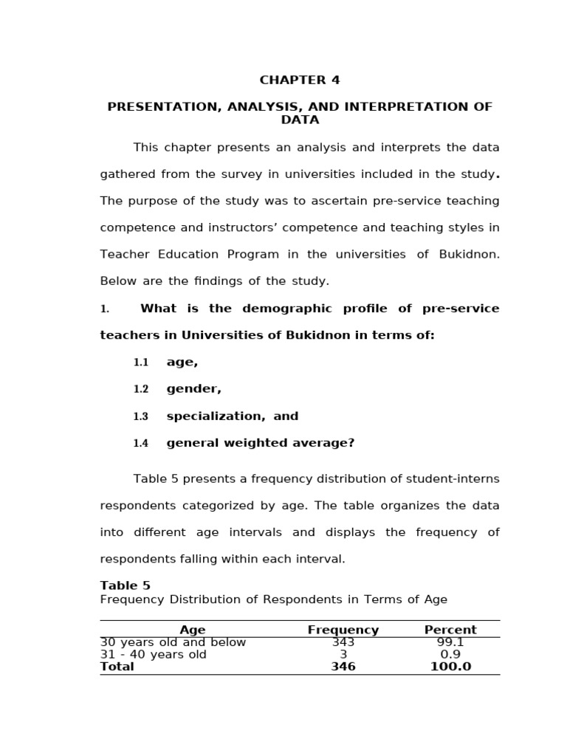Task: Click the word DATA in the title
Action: tap(300, 120)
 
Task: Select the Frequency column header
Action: tap(343, 630)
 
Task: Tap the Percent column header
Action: tap(450, 630)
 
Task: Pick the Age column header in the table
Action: tap(193, 630)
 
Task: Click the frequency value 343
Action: tap(343, 642)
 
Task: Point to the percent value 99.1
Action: tap(450, 642)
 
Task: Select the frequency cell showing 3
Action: tap(343, 654)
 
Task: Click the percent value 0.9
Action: tap(450, 654)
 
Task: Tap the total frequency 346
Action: tap(343, 667)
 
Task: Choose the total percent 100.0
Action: tap(450, 667)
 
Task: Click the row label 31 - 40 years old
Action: tap(154, 654)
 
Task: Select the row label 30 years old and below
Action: tap(173, 642)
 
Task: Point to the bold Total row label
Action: tap(117, 667)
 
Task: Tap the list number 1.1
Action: tap(140, 362)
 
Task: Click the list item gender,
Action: tap(193, 389)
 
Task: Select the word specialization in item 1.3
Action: tap(215, 416)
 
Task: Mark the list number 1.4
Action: tap(140, 443)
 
